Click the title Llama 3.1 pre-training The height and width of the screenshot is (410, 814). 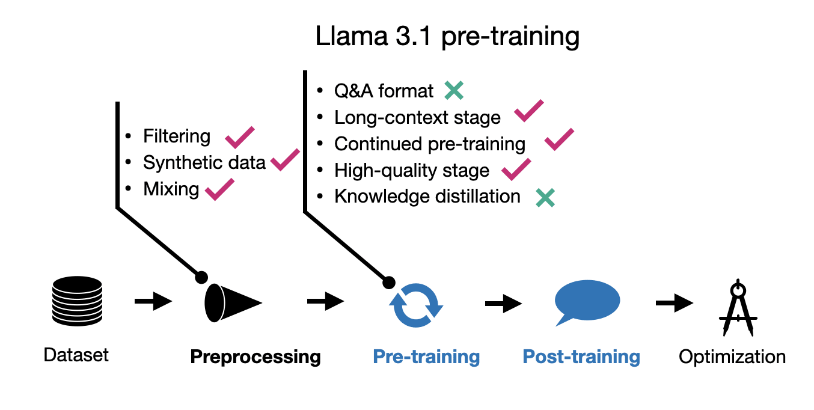(x=447, y=37)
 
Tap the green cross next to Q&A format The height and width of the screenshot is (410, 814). (x=454, y=91)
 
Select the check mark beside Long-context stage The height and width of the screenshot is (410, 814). (x=528, y=112)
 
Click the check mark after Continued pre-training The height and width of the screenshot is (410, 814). (x=558, y=139)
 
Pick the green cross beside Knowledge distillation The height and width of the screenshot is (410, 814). (x=545, y=197)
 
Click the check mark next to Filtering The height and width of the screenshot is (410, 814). (x=239, y=138)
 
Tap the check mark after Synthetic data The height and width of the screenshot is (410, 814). (x=285, y=159)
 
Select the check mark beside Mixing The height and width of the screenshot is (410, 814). (x=219, y=189)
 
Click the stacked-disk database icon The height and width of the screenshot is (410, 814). (x=76, y=301)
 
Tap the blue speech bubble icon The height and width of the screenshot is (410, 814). (x=586, y=301)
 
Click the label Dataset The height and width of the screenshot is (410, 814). (x=76, y=355)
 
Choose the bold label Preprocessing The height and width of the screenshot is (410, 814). (x=256, y=357)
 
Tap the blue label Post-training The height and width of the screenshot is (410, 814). (x=581, y=357)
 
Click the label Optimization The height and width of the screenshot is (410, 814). (x=732, y=357)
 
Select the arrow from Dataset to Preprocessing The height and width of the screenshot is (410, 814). (x=153, y=301)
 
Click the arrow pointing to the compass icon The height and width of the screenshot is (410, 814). (x=674, y=302)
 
